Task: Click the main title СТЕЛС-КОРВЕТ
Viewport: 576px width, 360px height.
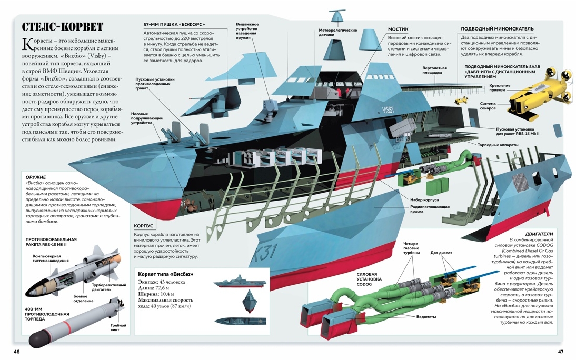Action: (63, 27)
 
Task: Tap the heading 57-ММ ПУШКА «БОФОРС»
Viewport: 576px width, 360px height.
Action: (174, 25)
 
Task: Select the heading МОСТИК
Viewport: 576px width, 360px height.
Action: (398, 29)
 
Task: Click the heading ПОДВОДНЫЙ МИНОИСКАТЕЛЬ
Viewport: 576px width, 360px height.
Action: (498, 28)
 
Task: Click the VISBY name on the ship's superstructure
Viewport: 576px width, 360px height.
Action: (388, 109)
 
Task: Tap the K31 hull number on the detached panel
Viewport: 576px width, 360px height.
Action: (264, 253)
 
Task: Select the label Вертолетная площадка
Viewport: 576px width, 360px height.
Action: (434, 70)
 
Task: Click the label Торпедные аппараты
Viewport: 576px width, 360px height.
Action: (498, 145)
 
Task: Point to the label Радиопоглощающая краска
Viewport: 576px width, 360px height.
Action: (430, 209)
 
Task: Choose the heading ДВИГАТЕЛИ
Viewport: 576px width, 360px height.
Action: (539, 234)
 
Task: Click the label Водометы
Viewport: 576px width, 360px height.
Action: (426, 317)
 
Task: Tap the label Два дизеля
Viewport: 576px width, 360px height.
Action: (441, 253)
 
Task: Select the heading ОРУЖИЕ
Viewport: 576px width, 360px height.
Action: (36, 177)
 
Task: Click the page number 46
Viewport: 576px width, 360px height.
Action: (16, 352)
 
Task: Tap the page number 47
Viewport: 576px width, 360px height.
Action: (561, 352)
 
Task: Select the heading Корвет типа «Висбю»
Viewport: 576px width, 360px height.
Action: (166, 274)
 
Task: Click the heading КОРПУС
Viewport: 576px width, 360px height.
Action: (143, 226)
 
